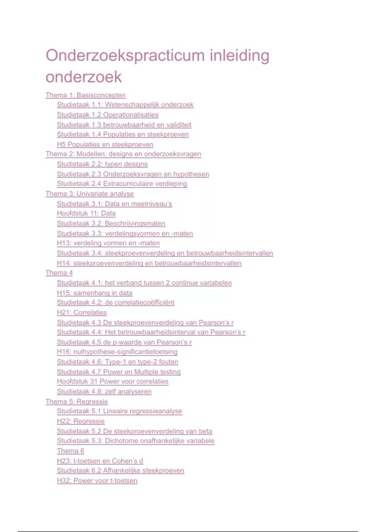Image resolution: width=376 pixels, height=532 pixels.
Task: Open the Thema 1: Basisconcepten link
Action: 86,95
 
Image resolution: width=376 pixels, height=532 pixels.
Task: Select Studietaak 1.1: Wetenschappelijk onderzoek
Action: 125,105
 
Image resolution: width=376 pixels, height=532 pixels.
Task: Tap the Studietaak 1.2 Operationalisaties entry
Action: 107,115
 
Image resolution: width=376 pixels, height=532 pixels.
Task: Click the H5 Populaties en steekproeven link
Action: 105,145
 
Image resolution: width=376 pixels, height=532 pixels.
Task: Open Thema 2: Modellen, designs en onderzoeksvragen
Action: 123,154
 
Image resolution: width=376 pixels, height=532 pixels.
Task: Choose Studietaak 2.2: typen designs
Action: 102,164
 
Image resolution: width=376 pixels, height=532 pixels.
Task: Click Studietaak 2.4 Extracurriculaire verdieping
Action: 122,184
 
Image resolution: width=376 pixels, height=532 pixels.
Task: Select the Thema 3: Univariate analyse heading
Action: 90,194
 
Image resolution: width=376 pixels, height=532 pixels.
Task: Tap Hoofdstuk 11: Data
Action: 86,213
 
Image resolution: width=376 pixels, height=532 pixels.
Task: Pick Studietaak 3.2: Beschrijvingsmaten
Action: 111,223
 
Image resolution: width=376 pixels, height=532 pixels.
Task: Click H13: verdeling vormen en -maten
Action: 108,243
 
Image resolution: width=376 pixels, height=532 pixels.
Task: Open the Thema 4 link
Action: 59,273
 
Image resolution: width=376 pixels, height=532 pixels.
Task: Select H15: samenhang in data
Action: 94,293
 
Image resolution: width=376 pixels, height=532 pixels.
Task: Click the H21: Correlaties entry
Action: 82,313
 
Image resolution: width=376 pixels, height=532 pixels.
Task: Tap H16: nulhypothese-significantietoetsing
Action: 117,352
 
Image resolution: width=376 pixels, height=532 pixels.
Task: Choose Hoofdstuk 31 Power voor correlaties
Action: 112,381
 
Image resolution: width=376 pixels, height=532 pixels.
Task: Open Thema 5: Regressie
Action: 76,402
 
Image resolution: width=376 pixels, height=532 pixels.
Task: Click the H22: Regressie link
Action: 81,421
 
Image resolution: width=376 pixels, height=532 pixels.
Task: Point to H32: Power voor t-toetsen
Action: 97,481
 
